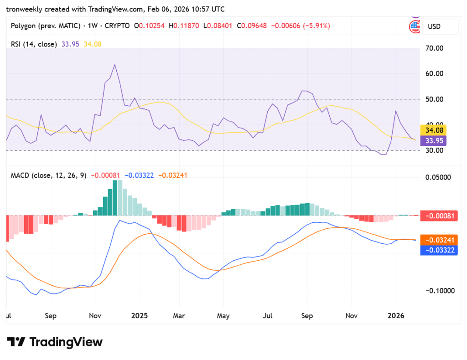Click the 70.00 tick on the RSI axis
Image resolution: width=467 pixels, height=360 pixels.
[434, 48]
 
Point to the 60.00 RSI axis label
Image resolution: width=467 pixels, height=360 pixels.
[434, 74]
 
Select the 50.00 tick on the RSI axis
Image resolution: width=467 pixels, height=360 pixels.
[434, 99]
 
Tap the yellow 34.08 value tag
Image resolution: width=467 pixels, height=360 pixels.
[433, 130]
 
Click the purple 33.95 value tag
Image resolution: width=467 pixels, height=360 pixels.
[433, 140]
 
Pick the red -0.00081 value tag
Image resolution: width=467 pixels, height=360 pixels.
[439, 216]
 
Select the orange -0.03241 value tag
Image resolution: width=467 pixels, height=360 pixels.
[439, 240]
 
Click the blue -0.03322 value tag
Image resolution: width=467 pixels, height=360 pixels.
[439, 250]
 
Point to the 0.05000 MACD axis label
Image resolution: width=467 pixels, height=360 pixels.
[438, 177]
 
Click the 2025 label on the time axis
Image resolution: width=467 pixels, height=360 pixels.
[140, 316]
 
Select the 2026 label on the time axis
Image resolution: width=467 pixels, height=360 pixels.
[396, 316]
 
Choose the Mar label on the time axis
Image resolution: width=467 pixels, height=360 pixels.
[179, 316]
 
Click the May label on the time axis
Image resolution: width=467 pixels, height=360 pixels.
[223, 316]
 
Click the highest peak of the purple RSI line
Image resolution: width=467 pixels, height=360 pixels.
[114, 65]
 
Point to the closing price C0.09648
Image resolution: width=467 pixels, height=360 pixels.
[252, 26]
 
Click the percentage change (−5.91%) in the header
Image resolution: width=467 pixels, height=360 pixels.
[317, 26]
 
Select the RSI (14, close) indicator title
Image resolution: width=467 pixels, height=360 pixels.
[34, 44]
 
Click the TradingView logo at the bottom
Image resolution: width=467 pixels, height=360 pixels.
[55, 342]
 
